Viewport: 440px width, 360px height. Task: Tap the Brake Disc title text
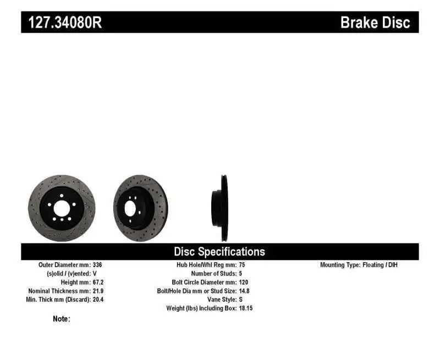pyautogui.click(x=375, y=23)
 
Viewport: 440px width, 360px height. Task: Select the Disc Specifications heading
pyautogui.click(x=219, y=252)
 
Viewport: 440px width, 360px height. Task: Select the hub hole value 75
pyautogui.click(x=243, y=265)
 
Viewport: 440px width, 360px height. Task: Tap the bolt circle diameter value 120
pyautogui.click(x=244, y=282)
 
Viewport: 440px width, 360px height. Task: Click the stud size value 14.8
pyautogui.click(x=245, y=291)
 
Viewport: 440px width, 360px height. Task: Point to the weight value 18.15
pyautogui.click(x=246, y=308)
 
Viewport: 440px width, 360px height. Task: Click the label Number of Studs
pyautogui.click(x=213, y=273)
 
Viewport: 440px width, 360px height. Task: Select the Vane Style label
pyautogui.click(x=222, y=300)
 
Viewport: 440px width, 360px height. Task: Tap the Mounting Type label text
pyautogui.click(x=340, y=265)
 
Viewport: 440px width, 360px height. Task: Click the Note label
pyautogui.click(x=62, y=319)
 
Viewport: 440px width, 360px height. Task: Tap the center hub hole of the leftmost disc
pyautogui.click(x=61, y=208)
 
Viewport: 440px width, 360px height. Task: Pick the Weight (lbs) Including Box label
pyautogui.click(x=201, y=308)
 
